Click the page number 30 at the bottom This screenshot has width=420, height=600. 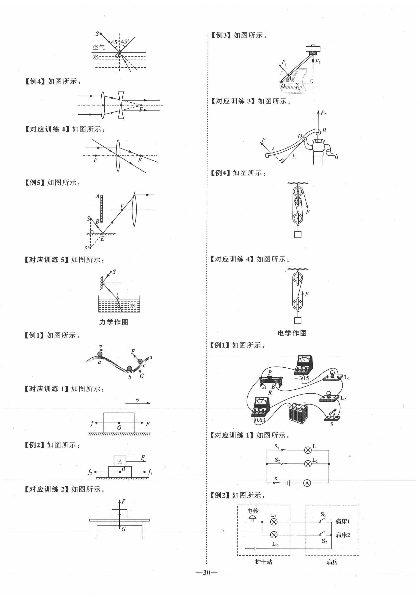pos(206,573)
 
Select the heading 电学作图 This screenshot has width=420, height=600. pos(292,333)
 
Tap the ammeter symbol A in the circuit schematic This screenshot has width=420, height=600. pos(307,483)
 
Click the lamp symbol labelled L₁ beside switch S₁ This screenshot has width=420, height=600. pos(308,450)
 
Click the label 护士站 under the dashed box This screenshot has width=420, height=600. pos(264,562)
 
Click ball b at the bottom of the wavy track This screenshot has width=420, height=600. pos(130,369)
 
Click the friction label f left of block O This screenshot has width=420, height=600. pos(92,423)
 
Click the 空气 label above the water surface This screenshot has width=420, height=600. pos(99,47)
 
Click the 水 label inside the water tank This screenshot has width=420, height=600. pos(133,305)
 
